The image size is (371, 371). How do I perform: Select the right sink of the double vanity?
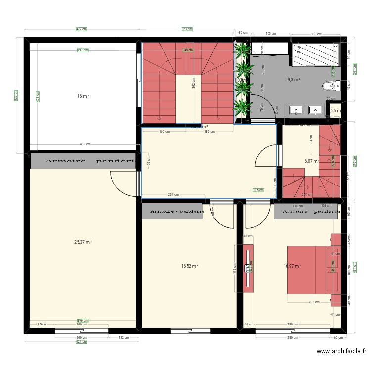[x=314, y=109]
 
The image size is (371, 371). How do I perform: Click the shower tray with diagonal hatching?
[x=316, y=54]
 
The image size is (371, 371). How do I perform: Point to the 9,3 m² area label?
[x=294, y=79]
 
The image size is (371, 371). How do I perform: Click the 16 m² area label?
[x=83, y=96]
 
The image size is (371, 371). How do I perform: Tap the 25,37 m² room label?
[x=83, y=242]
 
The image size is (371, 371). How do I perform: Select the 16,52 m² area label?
[x=189, y=266]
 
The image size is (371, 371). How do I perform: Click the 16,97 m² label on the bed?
[x=292, y=266]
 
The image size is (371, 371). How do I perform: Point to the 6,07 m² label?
[x=311, y=161]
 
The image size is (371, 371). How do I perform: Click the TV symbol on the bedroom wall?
[x=247, y=268]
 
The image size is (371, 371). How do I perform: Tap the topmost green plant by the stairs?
[x=242, y=49]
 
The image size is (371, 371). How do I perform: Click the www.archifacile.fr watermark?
[x=341, y=352]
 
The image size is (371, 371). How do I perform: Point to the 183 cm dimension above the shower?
[x=316, y=34]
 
